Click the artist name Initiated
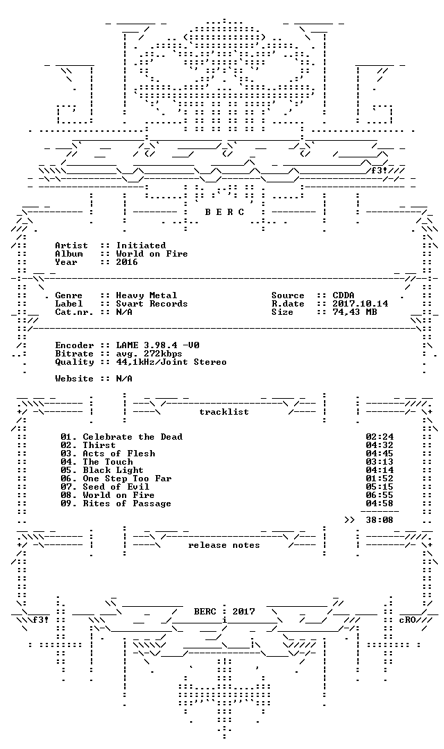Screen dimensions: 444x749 [x=141, y=246]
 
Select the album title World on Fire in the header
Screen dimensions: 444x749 [x=152, y=254]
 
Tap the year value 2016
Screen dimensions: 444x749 [x=127, y=262]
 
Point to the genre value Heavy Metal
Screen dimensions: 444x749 [x=146, y=295]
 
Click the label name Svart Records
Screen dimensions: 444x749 [x=152, y=304]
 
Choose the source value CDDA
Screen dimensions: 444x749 [x=343, y=295]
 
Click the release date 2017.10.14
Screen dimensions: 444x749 [x=360, y=304]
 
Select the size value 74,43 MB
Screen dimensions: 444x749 [x=355, y=312]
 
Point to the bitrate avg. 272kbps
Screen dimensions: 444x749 [x=149, y=354]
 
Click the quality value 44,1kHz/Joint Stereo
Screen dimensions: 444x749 [x=171, y=362]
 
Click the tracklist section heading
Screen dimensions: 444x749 [x=224, y=412]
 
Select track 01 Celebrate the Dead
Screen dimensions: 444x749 [x=121, y=437]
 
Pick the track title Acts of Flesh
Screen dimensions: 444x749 [x=119, y=454]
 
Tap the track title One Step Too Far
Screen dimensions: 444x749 [x=127, y=479]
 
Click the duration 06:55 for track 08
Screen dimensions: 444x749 [x=379, y=495]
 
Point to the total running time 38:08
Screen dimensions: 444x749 [x=379, y=519]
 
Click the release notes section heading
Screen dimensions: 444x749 [x=224, y=545]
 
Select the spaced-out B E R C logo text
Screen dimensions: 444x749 [x=225, y=212]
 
